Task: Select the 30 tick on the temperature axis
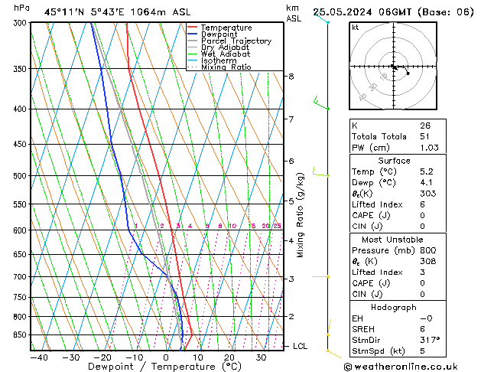tap(261, 357)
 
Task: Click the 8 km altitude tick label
tap(291, 77)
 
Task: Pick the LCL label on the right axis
tap(301, 346)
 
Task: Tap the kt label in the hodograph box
tap(355, 28)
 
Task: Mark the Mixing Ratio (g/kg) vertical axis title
tap(301, 214)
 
